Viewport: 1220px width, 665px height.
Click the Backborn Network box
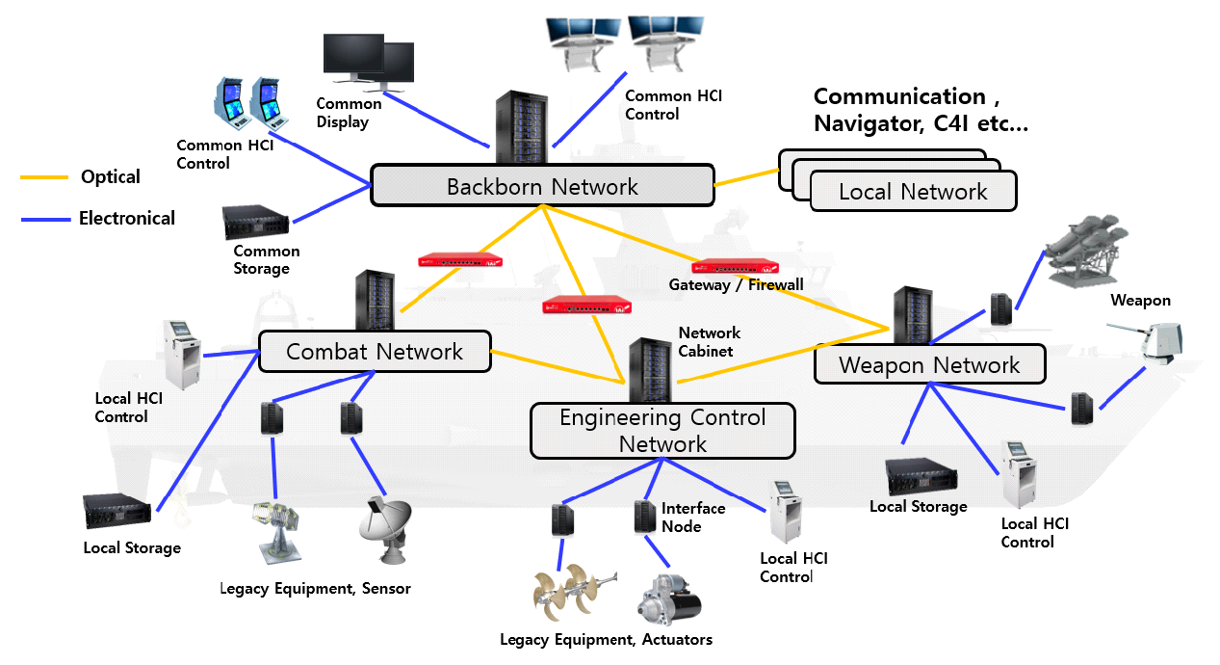pos(542,186)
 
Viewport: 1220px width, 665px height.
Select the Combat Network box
pos(375,352)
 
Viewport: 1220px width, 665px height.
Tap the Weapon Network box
pos(929,365)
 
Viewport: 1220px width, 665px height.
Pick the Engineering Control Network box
pos(662,431)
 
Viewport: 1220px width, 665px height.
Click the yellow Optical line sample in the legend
pos(45,177)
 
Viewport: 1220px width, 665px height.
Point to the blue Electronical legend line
pos(45,219)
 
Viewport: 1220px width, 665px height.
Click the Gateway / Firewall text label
pos(736,285)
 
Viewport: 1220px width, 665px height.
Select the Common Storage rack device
pos(254,223)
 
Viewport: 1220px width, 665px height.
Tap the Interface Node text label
pos(692,517)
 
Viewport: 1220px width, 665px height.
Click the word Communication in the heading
pos(898,96)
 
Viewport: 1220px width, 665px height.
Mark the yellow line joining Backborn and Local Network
pos(746,177)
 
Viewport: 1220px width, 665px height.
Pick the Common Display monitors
pos(368,62)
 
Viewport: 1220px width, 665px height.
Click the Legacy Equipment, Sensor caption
pos(315,588)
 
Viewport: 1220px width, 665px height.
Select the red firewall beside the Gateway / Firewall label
pos(734,266)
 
